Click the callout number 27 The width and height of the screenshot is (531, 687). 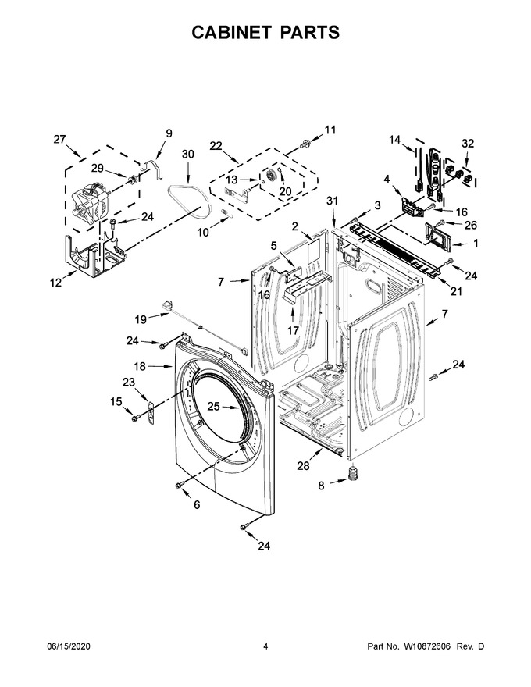click(59, 139)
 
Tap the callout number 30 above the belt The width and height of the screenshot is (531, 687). click(187, 155)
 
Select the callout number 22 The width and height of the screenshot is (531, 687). click(216, 146)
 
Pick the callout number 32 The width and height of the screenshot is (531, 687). click(468, 144)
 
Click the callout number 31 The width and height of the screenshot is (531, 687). click(333, 200)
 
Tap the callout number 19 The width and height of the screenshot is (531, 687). click(141, 319)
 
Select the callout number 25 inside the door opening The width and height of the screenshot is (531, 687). click(213, 407)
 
